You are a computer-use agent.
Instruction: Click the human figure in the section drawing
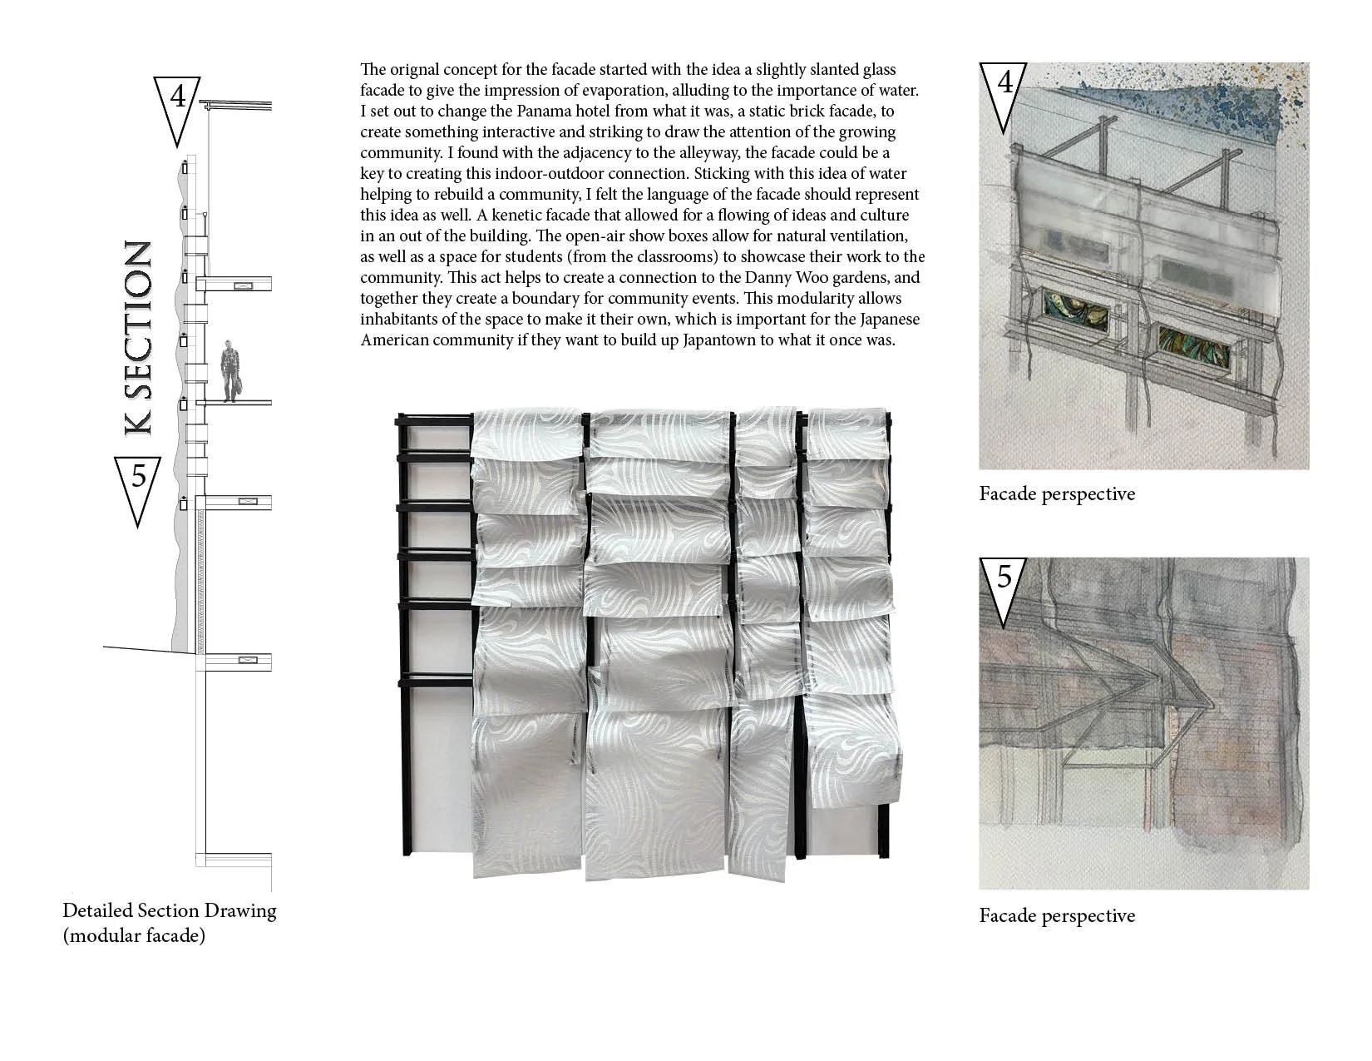pyautogui.click(x=230, y=371)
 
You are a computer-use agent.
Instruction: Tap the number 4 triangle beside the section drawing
pyautogui.click(x=177, y=104)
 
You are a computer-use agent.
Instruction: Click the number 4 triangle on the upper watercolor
pyautogui.click(x=1004, y=89)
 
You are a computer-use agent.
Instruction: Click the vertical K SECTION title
pyautogui.click(x=138, y=338)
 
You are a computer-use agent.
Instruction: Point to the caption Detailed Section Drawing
pyautogui.click(x=169, y=910)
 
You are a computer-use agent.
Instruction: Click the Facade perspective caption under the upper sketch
pyautogui.click(x=1056, y=494)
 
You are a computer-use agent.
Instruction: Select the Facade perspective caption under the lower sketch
pyautogui.click(x=1056, y=916)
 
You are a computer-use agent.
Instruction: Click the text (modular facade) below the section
pyautogui.click(x=133, y=936)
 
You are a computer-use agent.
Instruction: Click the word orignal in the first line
pyautogui.click(x=416, y=70)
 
